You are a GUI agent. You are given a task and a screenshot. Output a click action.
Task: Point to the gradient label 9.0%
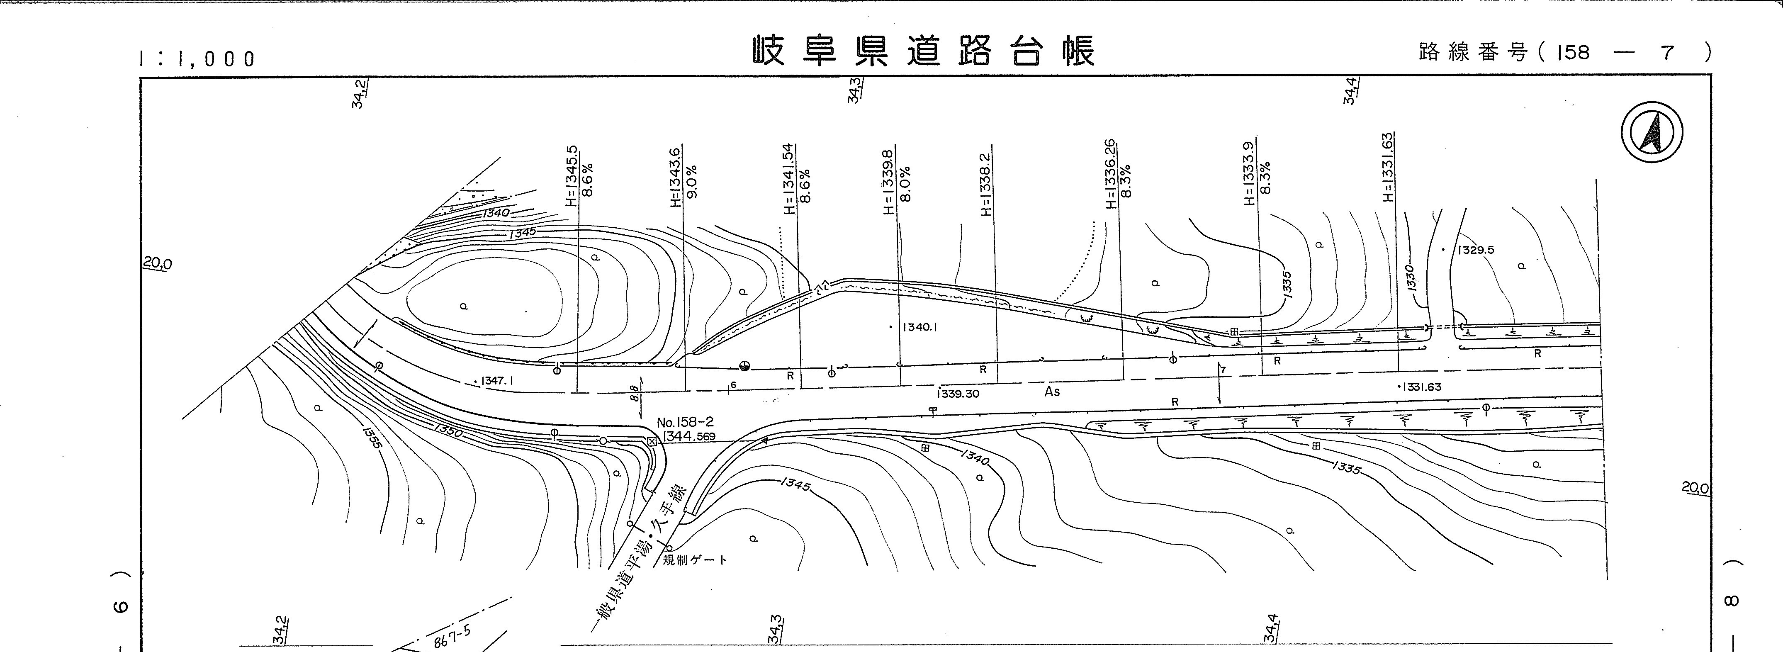692,181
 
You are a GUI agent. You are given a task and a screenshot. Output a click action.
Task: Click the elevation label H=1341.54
788,179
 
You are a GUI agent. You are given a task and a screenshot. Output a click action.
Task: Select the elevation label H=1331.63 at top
1387,168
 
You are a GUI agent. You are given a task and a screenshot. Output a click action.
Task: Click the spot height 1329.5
1475,250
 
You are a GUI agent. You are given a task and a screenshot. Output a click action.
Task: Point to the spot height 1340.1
919,327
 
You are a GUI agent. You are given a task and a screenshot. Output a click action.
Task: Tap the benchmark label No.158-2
685,422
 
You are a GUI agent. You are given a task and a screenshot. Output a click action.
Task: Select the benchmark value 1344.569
689,437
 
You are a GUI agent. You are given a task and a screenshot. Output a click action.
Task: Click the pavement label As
1052,392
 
